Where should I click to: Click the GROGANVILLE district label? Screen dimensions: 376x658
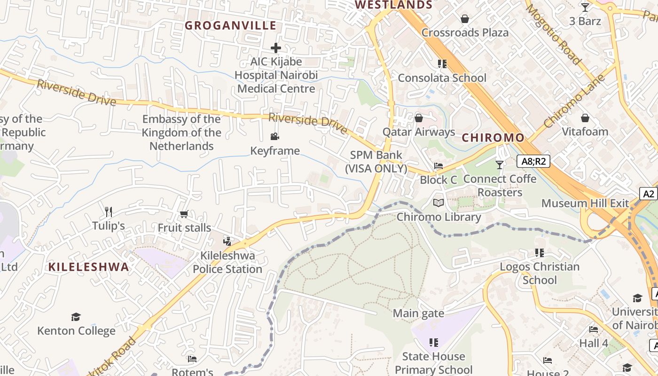click(x=230, y=25)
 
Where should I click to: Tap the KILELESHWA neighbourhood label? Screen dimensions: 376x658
click(x=88, y=267)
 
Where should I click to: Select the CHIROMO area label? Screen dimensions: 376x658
click(x=493, y=138)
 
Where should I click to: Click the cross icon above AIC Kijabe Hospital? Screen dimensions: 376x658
click(x=276, y=48)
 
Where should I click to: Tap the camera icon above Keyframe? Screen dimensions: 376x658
click(x=275, y=137)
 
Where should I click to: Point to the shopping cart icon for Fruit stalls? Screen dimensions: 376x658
click(x=184, y=214)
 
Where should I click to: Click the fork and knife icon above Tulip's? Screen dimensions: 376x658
click(x=109, y=212)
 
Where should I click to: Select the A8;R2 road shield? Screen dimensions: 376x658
click(x=533, y=161)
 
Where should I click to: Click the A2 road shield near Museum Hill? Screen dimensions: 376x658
click(x=649, y=194)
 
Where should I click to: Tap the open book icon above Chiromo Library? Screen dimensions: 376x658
click(x=439, y=203)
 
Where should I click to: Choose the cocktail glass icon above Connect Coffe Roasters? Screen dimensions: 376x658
click(x=499, y=165)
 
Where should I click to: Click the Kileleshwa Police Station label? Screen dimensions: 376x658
click(x=227, y=262)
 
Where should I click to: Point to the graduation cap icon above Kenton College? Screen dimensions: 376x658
click(x=76, y=317)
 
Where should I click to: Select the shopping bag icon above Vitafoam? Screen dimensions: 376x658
click(x=585, y=117)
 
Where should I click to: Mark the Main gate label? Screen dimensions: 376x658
click(x=418, y=313)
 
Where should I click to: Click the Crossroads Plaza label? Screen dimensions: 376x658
click(x=465, y=32)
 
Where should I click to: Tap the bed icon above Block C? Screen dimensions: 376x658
click(x=439, y=166)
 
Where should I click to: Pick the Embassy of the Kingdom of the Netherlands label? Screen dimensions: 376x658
click(x=181, y=133)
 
